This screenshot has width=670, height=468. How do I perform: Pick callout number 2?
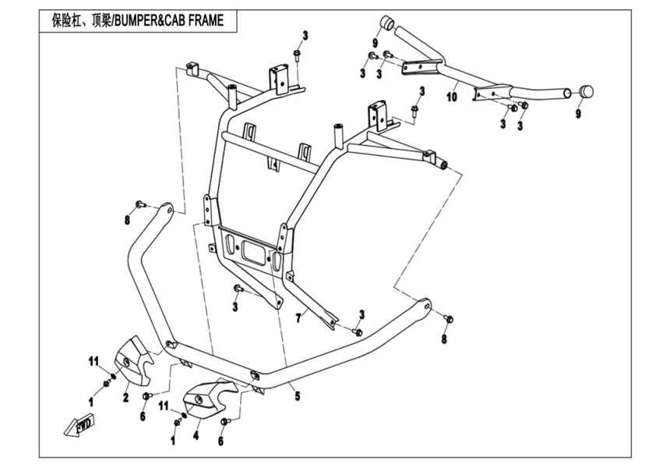[x=125, y=397]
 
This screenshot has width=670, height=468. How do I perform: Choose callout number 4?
[x=196, y=436]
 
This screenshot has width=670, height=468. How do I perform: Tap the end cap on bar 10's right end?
[x=586, y=91]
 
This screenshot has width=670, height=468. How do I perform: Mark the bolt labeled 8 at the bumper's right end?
[x=448, y=318]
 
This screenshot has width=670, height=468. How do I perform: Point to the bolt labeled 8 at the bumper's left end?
[x=139, y=204]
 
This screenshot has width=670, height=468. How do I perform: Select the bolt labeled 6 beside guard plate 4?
[x=224, y=422]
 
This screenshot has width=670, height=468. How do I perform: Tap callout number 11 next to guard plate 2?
[x=93, y=360]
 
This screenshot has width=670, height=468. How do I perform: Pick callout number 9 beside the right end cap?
[x=578, y=114]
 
